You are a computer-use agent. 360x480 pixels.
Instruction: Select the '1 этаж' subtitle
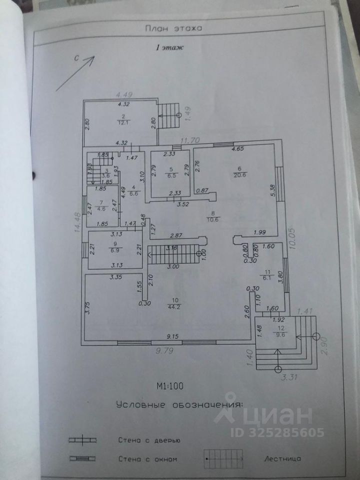(170, 48)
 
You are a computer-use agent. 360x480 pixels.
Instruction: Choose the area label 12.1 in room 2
(122, 121)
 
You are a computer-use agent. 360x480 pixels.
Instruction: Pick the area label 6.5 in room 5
(171, 176)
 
